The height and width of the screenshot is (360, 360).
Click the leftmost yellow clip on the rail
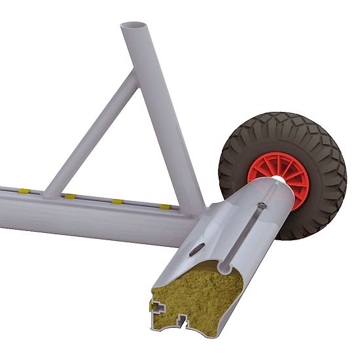(x=24, y=191)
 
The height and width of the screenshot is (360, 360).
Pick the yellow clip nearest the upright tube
(x=166, y=206)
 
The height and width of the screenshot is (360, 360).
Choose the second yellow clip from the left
(x=69, y=196)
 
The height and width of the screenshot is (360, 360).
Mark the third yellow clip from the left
(x=117, y=201)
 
